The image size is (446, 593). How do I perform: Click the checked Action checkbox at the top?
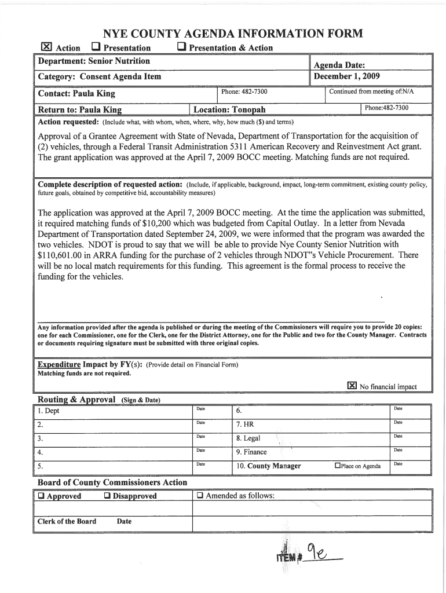pyautogui.click(x=47, y=47)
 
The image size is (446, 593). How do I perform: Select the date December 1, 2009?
pyautogui.click(x=346, y=76)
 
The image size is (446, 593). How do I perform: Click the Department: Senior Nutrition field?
pyautogui.click(x=94, y=61)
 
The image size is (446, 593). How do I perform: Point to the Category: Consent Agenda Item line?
pyautogui.click(x=100, y=76)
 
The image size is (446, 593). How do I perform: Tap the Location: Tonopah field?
pyautogui.click(x=229, y=109)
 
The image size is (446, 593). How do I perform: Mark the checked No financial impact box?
pyautogui.click(x=351, y=386)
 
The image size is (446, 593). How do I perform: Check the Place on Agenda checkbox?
pyautogui.click(x=338, y=466)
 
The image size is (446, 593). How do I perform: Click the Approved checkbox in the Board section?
pyautogui.click(x=42, y=496)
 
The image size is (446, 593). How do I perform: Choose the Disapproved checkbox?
pyautogui.click(x=108, y=496)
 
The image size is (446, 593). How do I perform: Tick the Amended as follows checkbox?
pyautogui.click(x=200, y=496)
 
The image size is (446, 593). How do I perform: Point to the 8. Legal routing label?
pyautogui.click(x=248, y=438)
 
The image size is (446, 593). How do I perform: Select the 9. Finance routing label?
pyautogui.click(x=251, y=452)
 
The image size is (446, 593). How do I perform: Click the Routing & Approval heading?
pyautogui.click(x=77, y=400)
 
